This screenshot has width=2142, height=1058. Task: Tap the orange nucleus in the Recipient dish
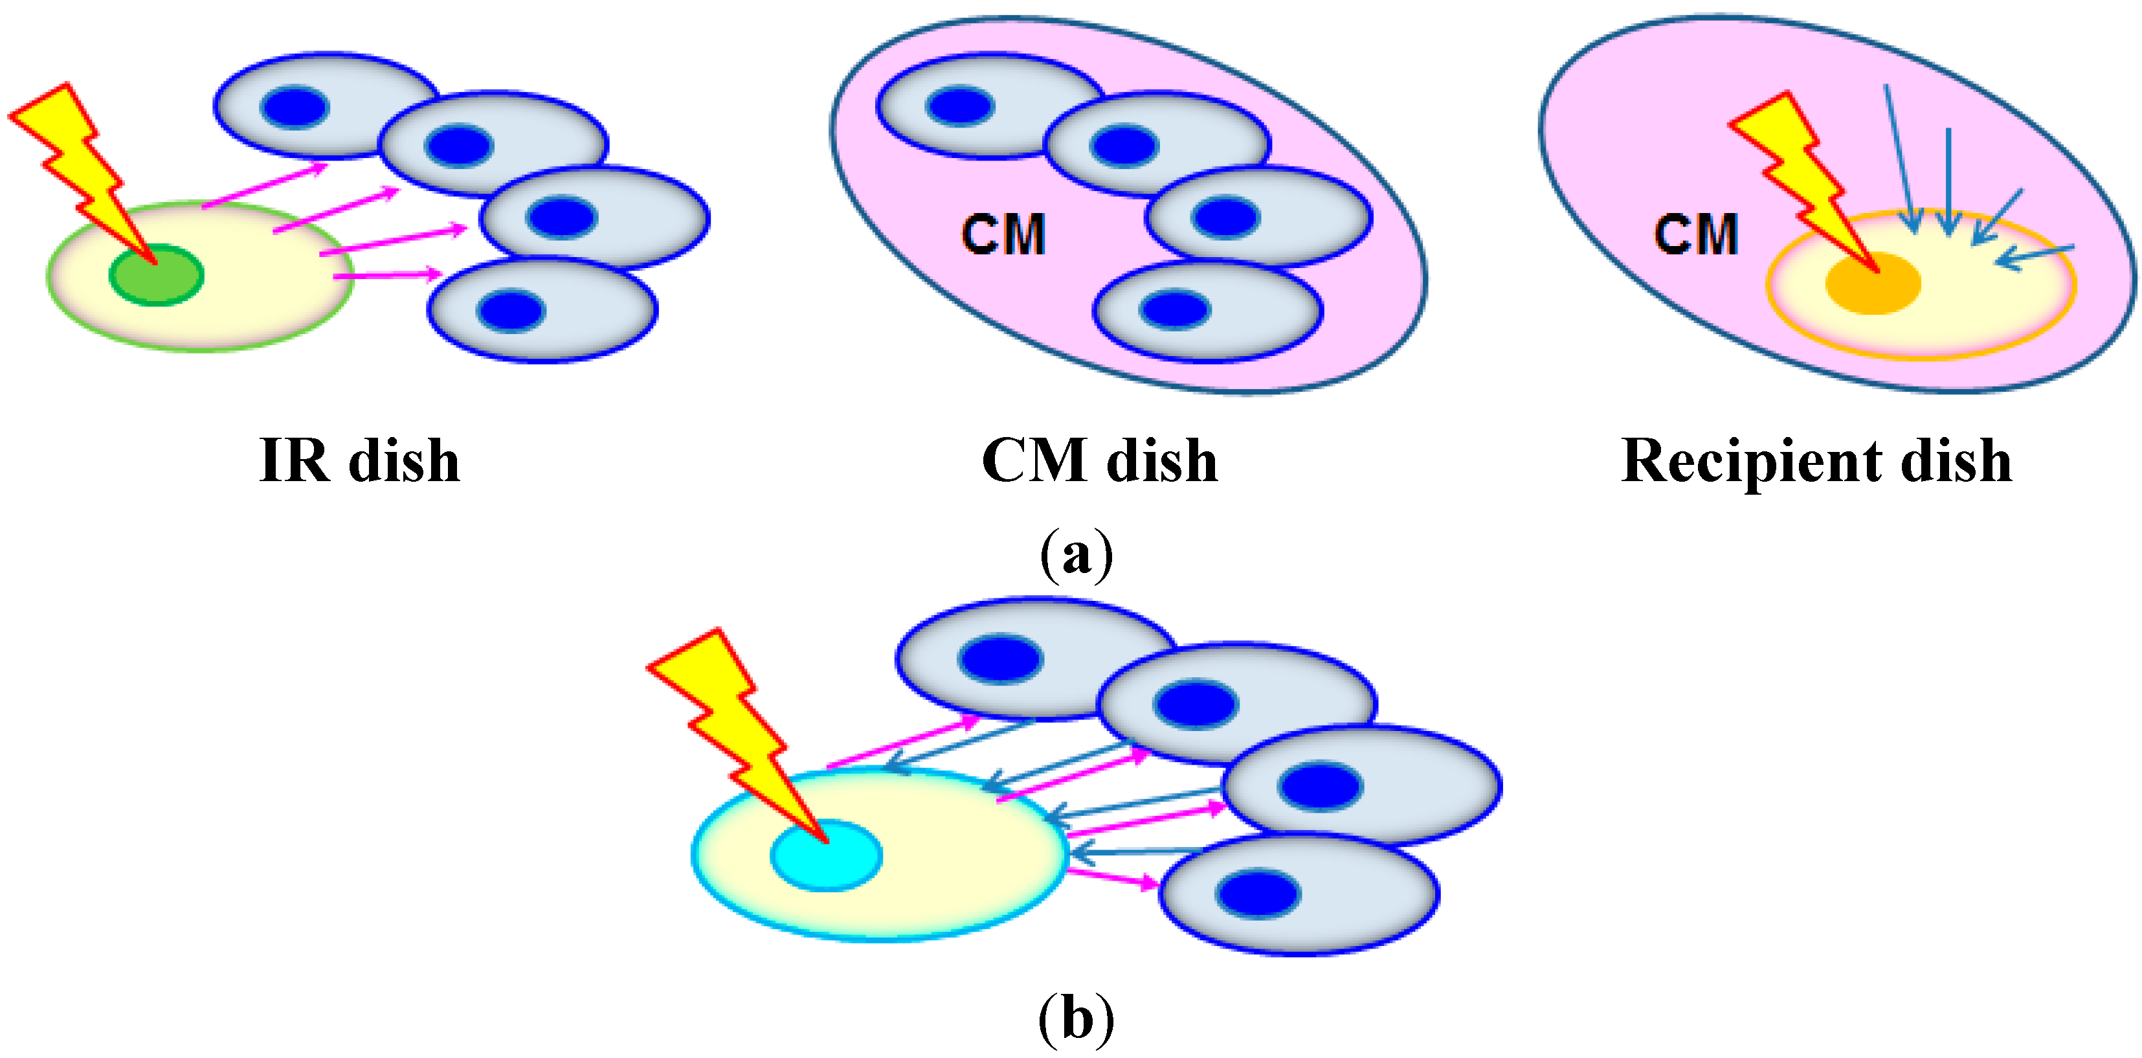[x=1873, y=284]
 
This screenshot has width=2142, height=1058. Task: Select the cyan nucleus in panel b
[x=826, y=856]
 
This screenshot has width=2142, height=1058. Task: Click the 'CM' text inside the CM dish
[x=1003, y=234]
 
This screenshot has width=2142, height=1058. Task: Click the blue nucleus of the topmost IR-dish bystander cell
[x=295, y=107]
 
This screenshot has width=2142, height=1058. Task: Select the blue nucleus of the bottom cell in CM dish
[x=1175, y=310]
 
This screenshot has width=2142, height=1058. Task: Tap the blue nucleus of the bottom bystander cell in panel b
[x=1258, y=894]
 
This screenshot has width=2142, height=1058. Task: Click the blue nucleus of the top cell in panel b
[x=1000, y=658]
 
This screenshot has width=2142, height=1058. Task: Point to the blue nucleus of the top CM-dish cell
[x=959, y=106]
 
